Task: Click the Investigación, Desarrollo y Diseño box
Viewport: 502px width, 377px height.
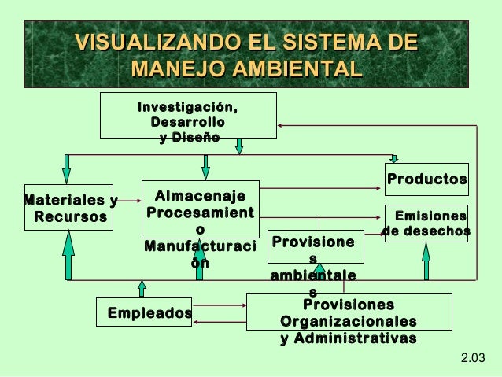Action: click(187, 115)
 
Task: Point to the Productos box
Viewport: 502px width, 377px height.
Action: click(426, 179)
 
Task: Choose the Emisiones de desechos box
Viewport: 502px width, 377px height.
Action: click(426, 223)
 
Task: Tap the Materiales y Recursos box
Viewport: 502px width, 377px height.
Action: click(67, 208)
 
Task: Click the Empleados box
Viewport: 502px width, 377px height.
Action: click(146, 312)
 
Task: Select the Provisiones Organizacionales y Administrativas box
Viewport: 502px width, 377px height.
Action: click(349, 312)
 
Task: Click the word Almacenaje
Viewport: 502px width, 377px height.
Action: click(201, 196)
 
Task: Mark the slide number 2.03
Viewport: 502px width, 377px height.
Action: click(472, 360)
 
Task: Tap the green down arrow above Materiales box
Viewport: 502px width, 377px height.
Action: click(67, 168)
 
